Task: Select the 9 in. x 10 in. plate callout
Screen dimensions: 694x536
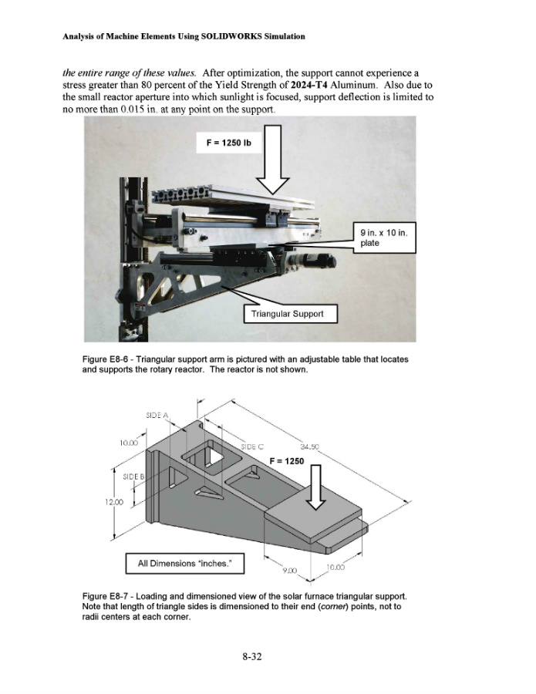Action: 385,238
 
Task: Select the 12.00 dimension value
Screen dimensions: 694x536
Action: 115,502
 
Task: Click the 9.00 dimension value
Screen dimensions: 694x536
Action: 288,570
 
